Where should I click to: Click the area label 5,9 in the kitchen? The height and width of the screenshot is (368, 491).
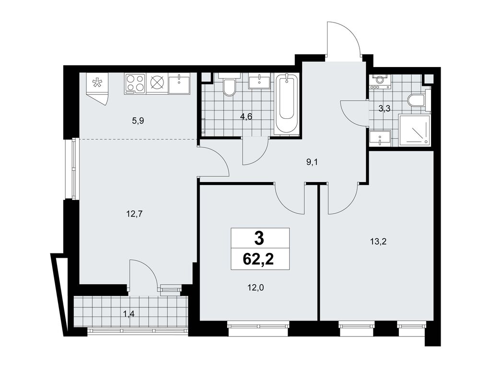[x=138, y=121]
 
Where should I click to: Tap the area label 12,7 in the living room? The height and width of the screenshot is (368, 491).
[x=135, y=214]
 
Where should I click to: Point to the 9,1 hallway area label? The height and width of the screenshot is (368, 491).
[x=313, y=162]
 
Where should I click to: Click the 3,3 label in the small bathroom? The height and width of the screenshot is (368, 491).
[x=384, y=109]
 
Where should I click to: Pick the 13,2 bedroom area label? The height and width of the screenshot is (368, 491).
[x=378, y=241]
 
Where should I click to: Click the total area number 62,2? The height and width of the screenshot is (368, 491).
[x=259, y=259]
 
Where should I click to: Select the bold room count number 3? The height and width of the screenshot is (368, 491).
[x=259, y=237]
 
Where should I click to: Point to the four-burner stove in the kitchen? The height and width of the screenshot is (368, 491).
[x=135, y=83]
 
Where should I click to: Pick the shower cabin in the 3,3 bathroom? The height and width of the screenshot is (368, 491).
[x=413, y=130]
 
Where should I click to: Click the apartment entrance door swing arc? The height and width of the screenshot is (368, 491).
[x=343, y=38]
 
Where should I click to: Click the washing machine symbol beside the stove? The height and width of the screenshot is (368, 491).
[x=157, y=83]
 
